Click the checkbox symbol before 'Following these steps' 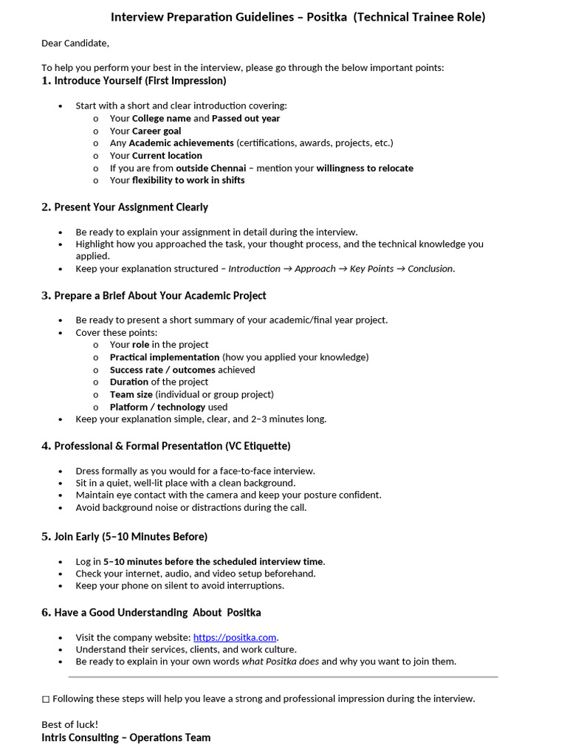pos(46,698)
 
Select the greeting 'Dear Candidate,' pos(75,43)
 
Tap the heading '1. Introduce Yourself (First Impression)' pos(134,80)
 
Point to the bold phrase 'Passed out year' pos(246,118)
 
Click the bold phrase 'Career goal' pos(157,131)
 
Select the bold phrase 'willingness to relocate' pos(365,168)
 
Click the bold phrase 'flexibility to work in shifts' pos(188,180)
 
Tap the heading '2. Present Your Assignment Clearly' pos(125,207)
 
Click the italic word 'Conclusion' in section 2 pos(430,269)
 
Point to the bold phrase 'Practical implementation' pos(165,357)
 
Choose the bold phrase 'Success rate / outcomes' pos(162,370)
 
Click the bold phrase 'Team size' pos(131,394)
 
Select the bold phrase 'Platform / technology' pos(158,407)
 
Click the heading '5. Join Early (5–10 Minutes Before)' pos(124,537)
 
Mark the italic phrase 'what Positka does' pos(281,661)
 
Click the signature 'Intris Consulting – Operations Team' pos(126,738)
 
